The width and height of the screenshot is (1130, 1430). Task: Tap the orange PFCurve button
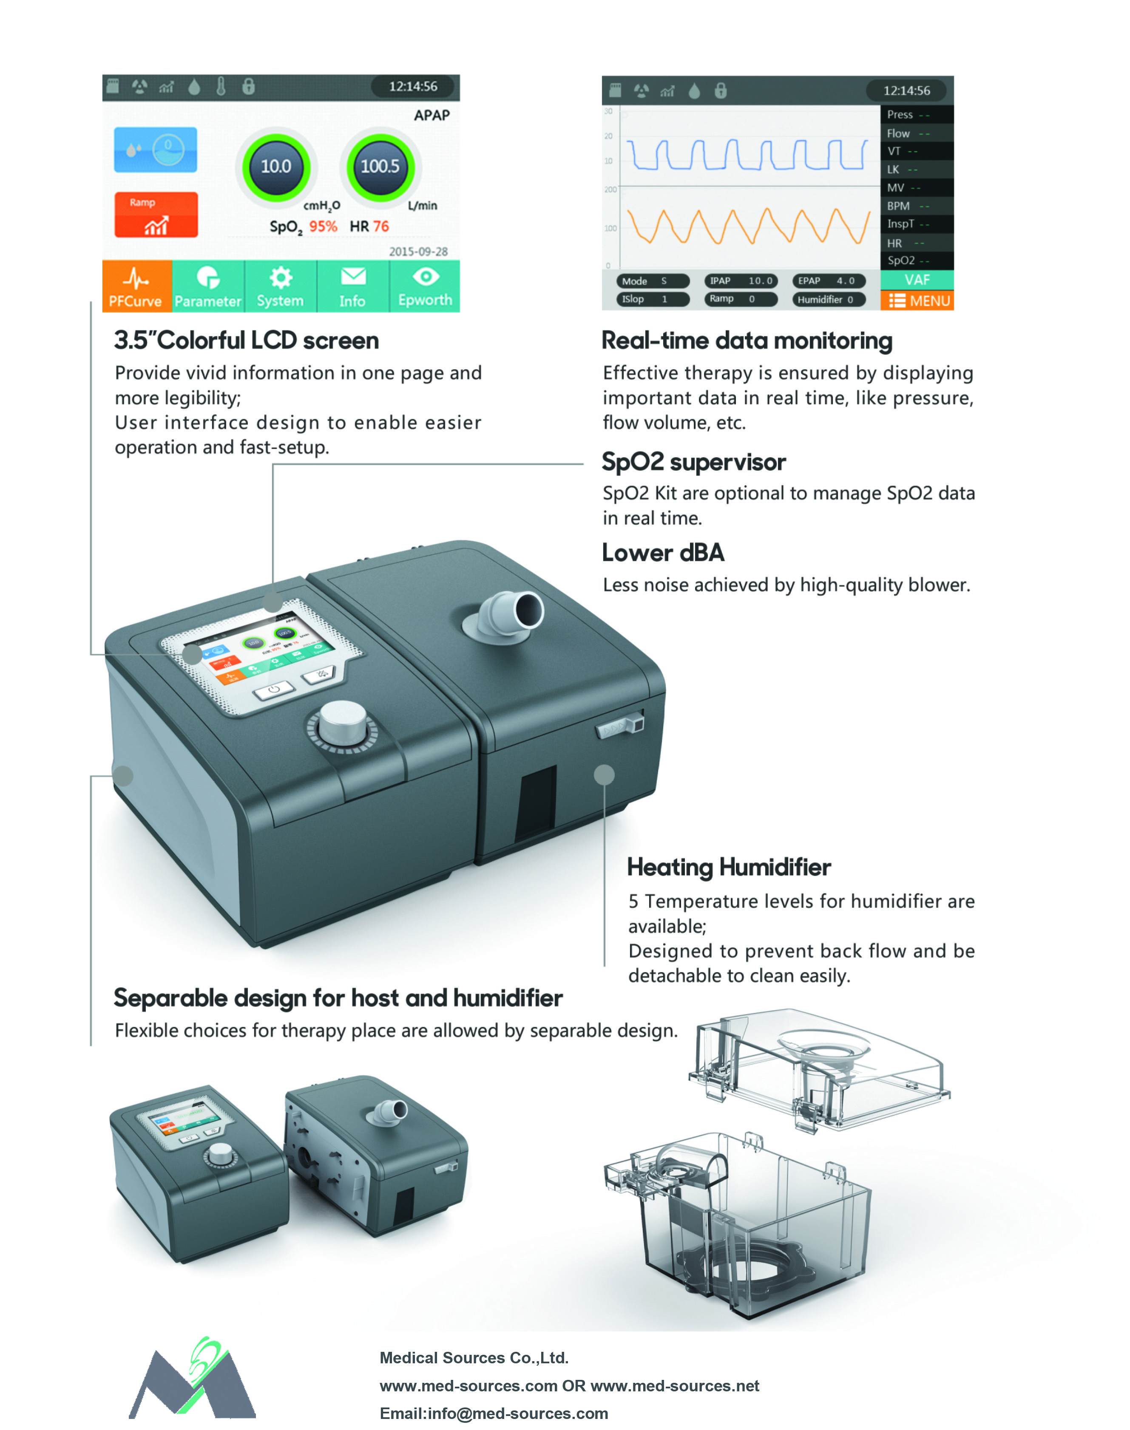pos(136,286)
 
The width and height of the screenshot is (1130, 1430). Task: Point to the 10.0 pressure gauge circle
pos(276,167)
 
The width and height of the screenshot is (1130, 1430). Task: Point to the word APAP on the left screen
pos(432,116)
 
